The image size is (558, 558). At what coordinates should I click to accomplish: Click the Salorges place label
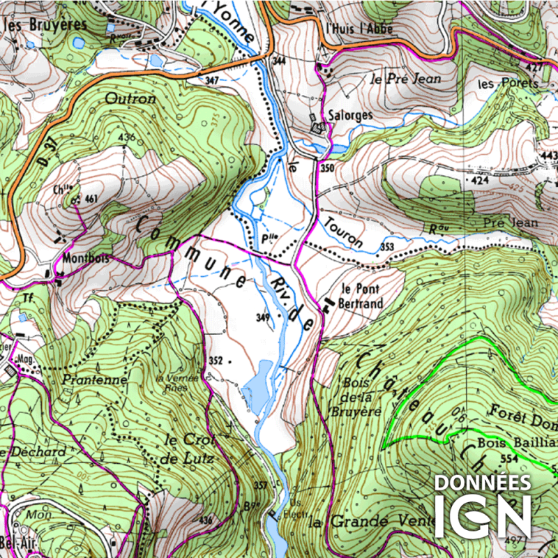352,115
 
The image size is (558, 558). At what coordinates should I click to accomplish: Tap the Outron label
130,99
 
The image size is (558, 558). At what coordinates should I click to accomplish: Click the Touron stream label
343,232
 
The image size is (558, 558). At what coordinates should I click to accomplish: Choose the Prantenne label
95,380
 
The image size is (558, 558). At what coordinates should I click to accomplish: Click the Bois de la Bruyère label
362,397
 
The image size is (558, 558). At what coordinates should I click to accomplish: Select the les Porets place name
508,84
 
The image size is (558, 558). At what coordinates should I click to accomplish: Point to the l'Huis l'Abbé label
359,29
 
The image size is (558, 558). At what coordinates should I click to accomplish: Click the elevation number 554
510,458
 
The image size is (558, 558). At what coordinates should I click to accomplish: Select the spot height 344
280,61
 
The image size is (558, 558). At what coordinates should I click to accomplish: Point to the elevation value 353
389,247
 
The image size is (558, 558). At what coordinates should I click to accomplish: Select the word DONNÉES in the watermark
483,483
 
